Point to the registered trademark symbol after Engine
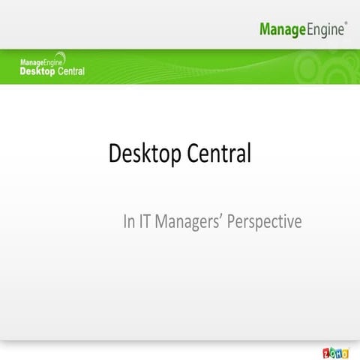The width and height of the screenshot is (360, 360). [x=345, y=23]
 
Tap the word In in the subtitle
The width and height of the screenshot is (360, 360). [x=128, y=222]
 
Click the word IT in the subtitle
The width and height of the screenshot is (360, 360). [x=145, y=222]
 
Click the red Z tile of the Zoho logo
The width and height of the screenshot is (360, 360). [x=325, y=352]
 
